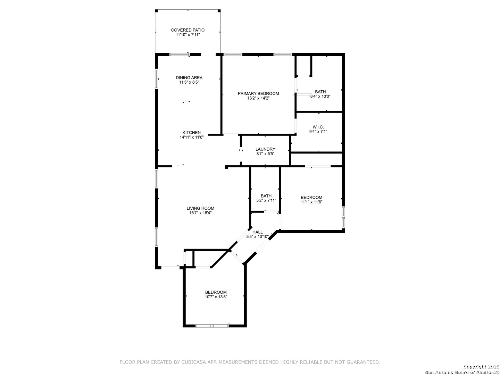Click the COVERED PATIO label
click(188, 30)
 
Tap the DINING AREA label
click(189, 78)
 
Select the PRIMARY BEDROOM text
click(258, 94)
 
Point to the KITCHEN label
click(192, 133)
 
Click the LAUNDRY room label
click(265, 149)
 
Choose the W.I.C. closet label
click(318, 127)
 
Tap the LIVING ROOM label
click(200, 208)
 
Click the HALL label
click(258, 232)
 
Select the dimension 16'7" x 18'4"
click(200, 213)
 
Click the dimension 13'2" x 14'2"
click(258, 98)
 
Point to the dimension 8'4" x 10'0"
click(320, 96)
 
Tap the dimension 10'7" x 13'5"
click(216, 297)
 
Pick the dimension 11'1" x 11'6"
click(311, 202)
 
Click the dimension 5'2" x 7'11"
click(266, 201)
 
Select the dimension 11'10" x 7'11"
click(188, 35)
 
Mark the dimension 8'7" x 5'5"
click(265, 154)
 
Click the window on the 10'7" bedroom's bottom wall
click(212, 326)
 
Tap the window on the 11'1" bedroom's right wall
click(343, 217)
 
